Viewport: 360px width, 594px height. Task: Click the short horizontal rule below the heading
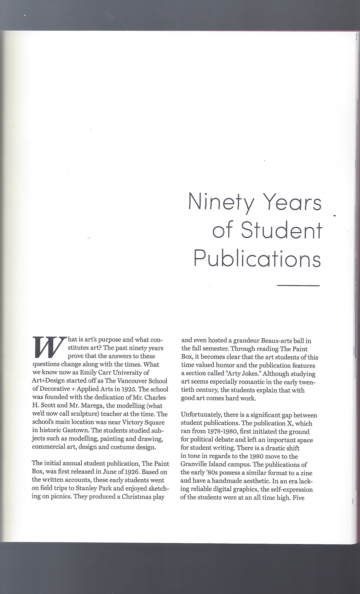(298, 286)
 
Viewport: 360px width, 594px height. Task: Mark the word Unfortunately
(201, 415)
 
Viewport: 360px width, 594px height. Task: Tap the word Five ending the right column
(298, 498)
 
